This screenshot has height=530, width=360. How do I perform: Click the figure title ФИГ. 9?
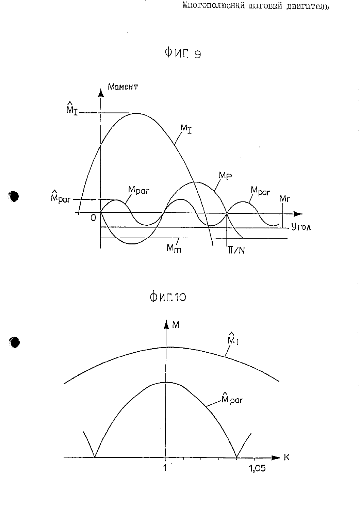(183, 53)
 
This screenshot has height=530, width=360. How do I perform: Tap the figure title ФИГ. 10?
(168, 297)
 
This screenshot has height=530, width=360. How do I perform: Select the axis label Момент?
(123, 87)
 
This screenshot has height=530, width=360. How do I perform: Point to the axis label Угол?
(301, 227)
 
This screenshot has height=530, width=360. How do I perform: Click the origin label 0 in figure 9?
(94, 218)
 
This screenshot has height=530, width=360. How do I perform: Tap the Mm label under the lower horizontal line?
(174, 249)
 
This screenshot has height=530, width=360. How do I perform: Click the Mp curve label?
(225, 175)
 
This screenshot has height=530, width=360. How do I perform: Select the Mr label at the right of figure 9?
(284, 199)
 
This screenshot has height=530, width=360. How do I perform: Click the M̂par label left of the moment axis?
(61, 197)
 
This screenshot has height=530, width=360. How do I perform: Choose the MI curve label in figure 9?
(186, 129)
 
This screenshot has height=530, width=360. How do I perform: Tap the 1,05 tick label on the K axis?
(257, 468)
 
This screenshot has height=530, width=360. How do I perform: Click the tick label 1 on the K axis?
(165, 467)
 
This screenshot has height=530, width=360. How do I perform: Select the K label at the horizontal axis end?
(287, 457)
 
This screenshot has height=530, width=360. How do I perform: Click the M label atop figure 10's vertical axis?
(176, 325)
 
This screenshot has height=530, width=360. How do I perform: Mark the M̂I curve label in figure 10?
(233, 338)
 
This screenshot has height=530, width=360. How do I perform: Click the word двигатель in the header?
(308, 6)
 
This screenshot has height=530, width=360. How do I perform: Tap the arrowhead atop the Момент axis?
(101, 93)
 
